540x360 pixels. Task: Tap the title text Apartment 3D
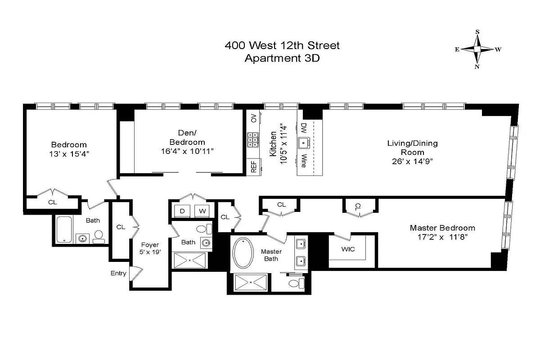click(282, 58)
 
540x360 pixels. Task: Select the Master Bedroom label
click(442, 228)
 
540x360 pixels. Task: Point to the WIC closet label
click(349, 249)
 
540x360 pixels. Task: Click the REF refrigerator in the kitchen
click(253, 167)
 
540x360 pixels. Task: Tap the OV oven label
click(254, 118)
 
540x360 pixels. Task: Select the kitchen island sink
click(304, 144)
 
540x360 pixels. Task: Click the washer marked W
click(203, 211)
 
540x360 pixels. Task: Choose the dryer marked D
click(182, 211)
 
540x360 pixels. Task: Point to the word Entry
click(118, 273)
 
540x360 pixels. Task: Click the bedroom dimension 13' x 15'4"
click(68, 153)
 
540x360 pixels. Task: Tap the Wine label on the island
click(304, 161)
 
